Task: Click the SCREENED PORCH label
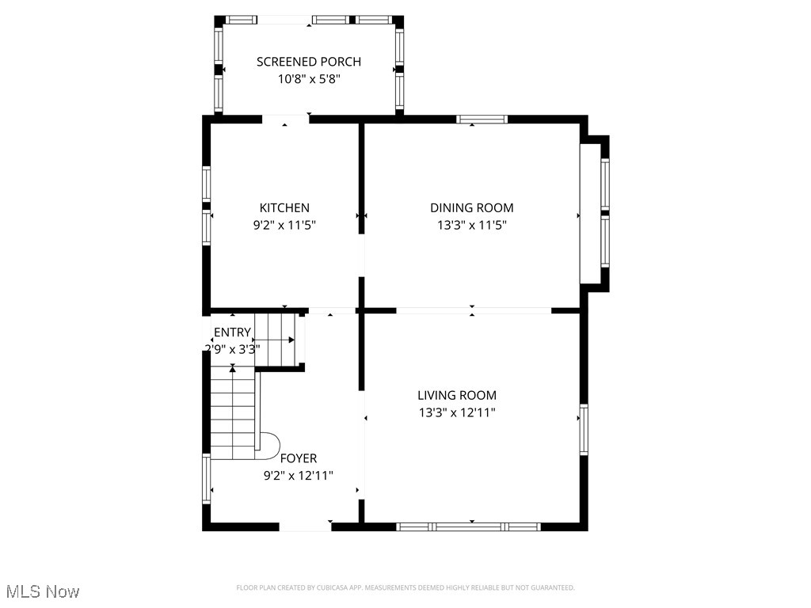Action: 309,62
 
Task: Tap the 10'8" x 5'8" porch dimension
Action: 309,79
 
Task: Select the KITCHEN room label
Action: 284,208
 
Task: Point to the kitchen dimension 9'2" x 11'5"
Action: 284,225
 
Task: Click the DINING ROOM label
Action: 472,208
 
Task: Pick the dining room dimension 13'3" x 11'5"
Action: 472,225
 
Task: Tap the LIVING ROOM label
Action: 457,395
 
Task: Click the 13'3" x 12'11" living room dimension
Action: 457,412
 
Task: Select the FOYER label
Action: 299,458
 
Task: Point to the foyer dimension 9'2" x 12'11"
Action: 299,476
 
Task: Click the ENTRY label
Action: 232,332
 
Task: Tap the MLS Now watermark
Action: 43,591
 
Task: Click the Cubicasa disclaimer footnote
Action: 405,587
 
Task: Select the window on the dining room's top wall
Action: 482,120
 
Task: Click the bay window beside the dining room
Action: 604,212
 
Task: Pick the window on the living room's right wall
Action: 584,429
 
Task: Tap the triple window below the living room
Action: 469,526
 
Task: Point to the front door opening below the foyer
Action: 305,526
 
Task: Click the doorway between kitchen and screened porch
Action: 285,120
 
